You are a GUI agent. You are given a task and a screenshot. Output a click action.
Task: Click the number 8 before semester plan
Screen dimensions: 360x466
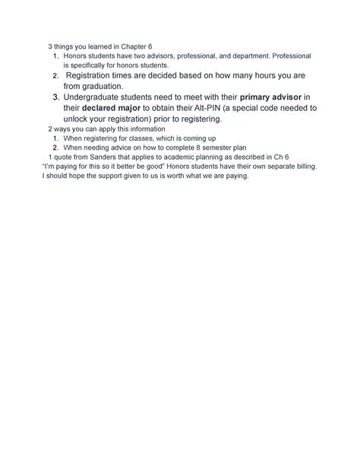[197, 147]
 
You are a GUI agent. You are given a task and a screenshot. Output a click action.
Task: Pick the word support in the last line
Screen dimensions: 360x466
[95, 176]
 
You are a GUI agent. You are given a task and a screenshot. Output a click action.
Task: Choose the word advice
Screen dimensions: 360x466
[118, 147]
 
